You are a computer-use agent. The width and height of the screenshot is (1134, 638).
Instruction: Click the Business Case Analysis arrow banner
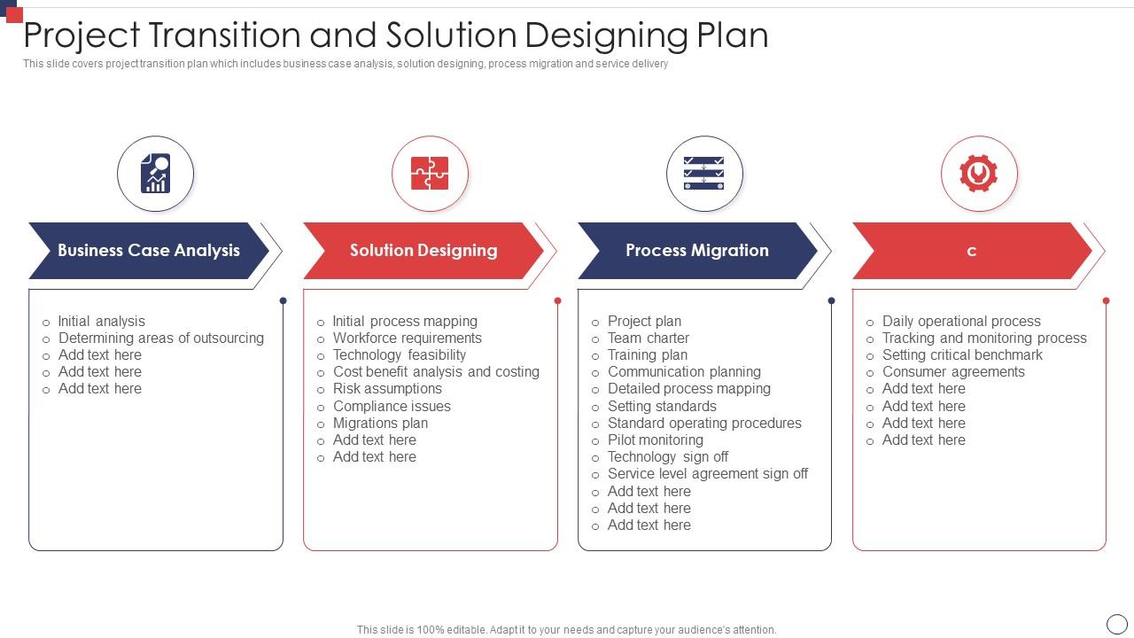tap(148, 251)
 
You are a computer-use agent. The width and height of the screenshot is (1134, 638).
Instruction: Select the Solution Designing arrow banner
tap(423, 251)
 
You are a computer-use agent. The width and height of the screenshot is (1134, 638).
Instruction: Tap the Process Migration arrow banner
tap(696, 251)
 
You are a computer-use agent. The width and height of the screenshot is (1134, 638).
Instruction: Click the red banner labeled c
tap(971, 251)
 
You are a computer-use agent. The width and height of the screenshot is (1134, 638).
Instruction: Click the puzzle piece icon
tap(430, 174)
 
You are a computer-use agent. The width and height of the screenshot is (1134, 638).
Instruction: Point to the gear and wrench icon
tap(979, 174)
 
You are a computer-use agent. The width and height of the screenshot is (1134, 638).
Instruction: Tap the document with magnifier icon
tap(155, 174)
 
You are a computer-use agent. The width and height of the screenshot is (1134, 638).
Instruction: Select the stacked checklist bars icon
tap(704, 174)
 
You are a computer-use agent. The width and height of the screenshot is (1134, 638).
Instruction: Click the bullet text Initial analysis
tap(101, 321)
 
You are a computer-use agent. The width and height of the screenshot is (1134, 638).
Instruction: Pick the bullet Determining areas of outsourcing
tap(160, 338)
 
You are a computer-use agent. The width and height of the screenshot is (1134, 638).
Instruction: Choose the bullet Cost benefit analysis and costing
tap(436, 371)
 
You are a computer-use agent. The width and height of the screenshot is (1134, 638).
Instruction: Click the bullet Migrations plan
tap(380, 423)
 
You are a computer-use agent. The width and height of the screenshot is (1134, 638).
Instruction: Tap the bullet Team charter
tap(648, 338)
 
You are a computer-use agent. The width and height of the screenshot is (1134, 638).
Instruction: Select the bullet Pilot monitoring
tap(655, 440)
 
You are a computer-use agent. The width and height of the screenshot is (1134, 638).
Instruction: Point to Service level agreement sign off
tap(707, 473)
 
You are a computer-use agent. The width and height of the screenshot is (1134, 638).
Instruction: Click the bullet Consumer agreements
tap(953, 371)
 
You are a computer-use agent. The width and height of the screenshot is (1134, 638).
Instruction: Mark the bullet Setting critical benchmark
tap(962, 354)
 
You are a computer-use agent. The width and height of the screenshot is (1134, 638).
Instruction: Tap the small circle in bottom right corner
tap(1117, 624)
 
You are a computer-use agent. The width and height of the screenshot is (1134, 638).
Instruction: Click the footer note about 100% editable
tap(566, 630)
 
